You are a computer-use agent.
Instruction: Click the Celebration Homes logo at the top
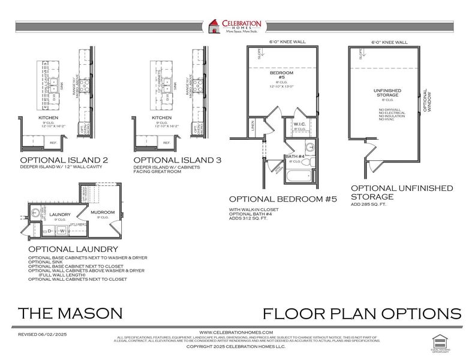tap(234, 28)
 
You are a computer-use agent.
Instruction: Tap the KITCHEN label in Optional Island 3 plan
tap(161, 118)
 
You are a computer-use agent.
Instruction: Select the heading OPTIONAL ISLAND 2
tap(64, 160)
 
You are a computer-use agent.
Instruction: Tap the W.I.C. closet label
tap(300, 125)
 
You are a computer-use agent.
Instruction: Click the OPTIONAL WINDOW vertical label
tap(425, 101)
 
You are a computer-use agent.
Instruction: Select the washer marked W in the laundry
tap(61, 230)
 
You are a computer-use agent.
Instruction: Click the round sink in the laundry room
tap(36, 212)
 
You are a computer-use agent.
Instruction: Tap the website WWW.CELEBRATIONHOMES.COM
tap(236, 332)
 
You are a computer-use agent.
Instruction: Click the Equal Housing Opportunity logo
tap(441, 341)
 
